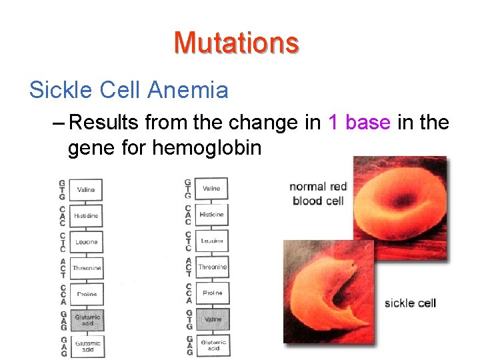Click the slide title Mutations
(236, 43)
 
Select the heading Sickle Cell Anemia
(129, 89)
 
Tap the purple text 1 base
(359, 123)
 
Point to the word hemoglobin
(207, 147)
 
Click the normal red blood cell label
(318, 193)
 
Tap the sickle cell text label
(410, 303)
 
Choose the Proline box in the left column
(87, 294)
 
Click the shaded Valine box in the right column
(213, 319)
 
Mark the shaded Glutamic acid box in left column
(87, 320)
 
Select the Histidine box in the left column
(87, 216)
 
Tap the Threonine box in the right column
(213, 267)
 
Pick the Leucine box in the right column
(213, 241)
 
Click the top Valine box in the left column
(87, 190)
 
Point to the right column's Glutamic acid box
(213, 345)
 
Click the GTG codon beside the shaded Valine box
(189, 319)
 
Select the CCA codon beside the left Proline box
(63, 294)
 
